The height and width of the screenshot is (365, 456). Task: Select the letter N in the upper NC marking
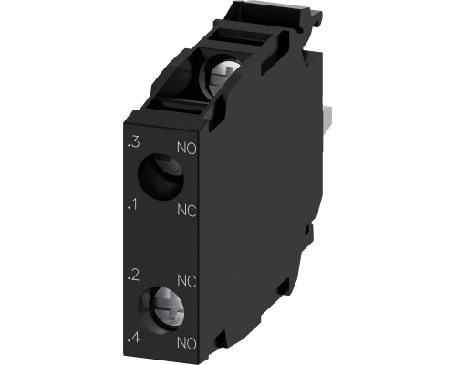[x=180, y=210]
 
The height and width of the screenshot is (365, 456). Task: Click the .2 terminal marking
[x=134, y=275]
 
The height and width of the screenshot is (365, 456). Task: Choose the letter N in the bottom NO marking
[x=180, y=344]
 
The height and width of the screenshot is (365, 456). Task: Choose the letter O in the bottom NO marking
[x=192, y=344]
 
